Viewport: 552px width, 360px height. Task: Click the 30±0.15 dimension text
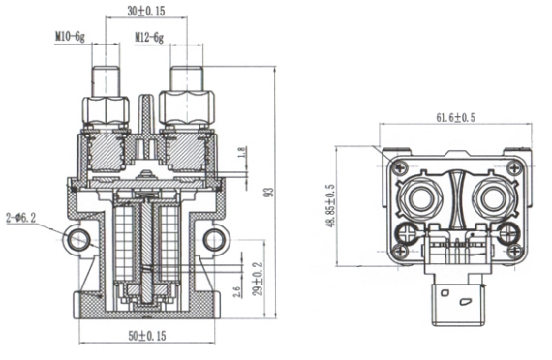coord(145,11)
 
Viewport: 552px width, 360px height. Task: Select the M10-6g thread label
coord(70,37)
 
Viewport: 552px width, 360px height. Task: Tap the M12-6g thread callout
coord(149,37)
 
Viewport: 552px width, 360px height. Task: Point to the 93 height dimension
coord(269,193)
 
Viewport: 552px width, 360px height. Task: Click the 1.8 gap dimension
coord(242,152)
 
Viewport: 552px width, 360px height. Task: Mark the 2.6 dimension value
coord(237,292)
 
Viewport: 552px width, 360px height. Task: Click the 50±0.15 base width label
coord(147,336)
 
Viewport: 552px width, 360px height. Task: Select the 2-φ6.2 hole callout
coord(20,218)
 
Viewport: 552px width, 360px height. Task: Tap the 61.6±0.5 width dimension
coord(455,117)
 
